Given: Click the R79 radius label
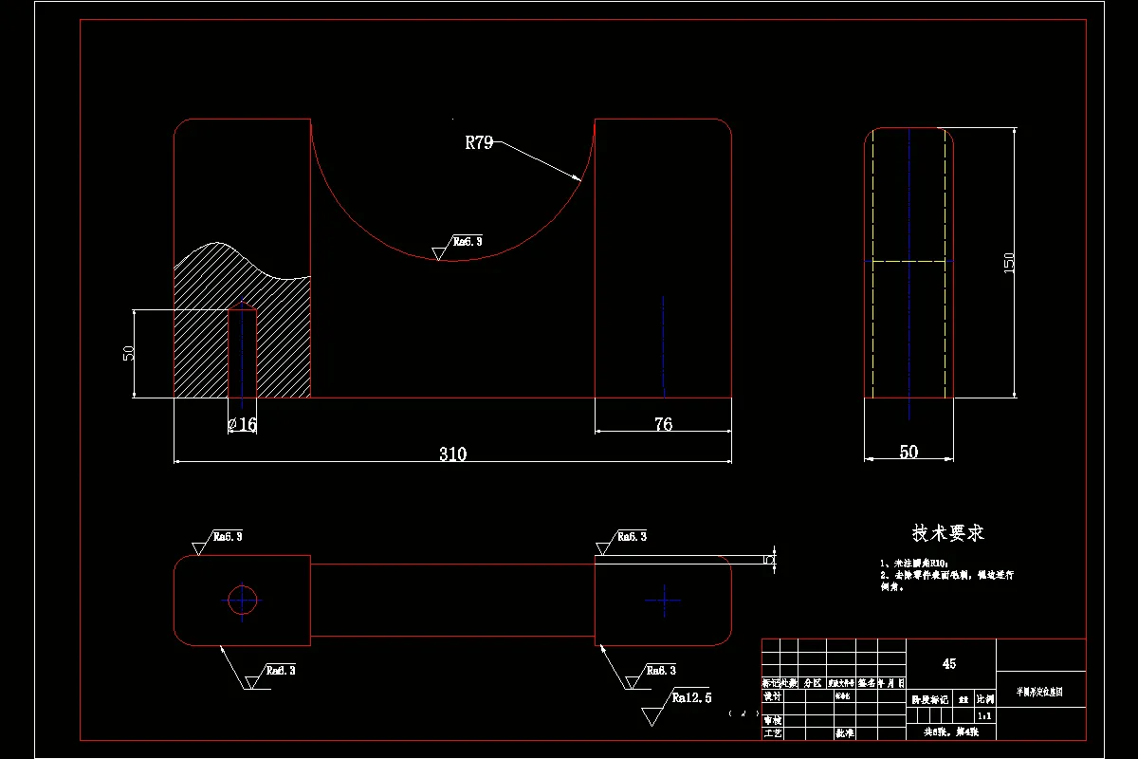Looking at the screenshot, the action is click(479, 143).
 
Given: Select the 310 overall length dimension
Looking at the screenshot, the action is click(452, 454).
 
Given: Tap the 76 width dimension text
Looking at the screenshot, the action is click(663, 424).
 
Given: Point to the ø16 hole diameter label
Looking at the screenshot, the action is click(243, 425).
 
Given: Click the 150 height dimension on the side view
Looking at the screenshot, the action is click(1009, 262).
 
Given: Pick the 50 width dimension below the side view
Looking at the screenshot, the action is click(909, 453).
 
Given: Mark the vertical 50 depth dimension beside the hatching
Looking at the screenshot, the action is click(129, 352).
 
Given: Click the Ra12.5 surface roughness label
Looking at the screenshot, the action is click(691, 698).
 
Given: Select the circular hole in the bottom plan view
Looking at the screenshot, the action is click(242, 599).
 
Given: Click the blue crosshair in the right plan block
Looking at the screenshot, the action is click(663, 600).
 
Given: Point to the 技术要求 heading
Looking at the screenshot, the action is click(948, 533).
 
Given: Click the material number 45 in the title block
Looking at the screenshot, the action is click(949, 664).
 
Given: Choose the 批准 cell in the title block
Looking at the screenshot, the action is click(844, 733).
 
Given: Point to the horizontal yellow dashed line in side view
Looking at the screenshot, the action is click(909, 260).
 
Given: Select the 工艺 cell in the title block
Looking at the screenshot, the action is click(772, 733).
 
